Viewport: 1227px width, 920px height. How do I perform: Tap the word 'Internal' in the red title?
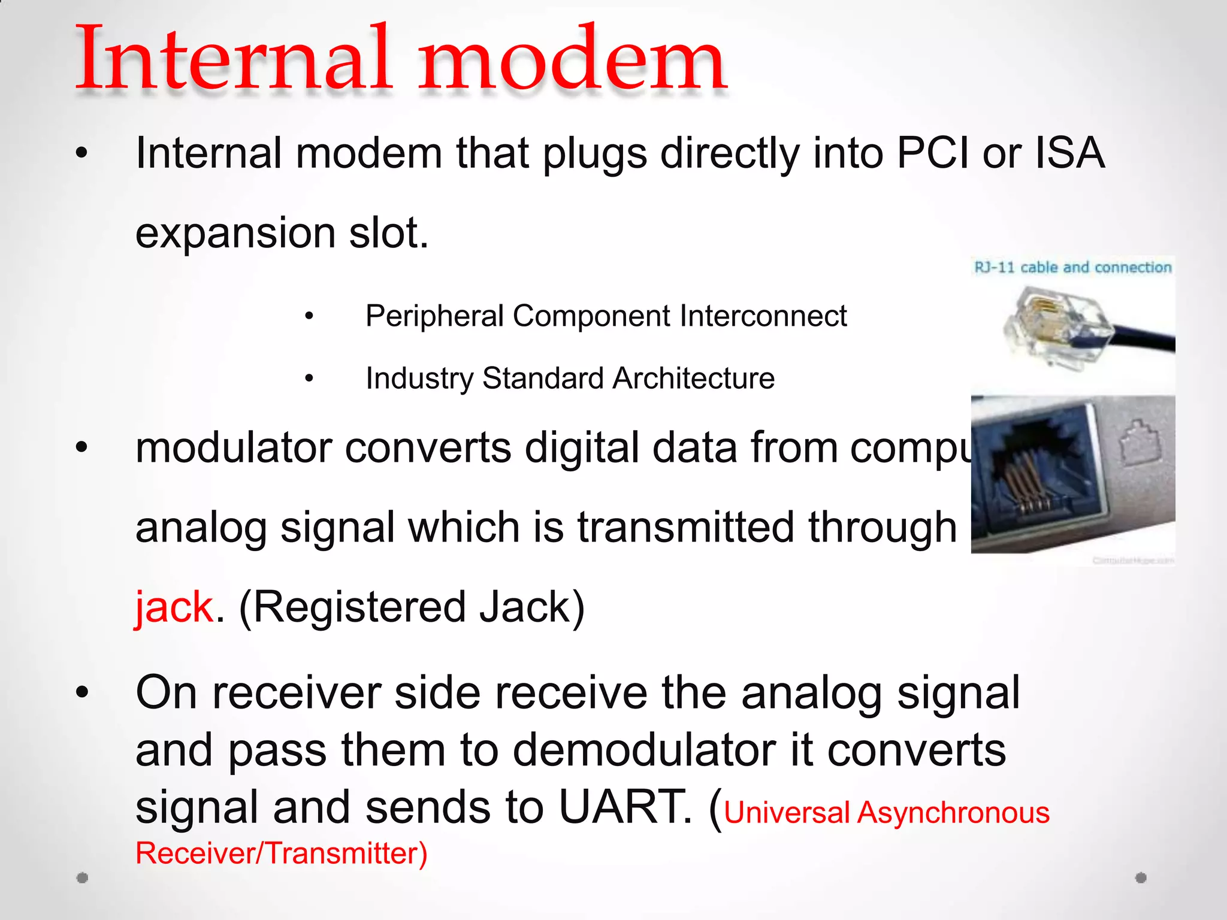pyautogui.click(x=234, y=60)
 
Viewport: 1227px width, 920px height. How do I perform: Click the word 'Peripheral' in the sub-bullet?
pyautogui.click(x=434, y=316)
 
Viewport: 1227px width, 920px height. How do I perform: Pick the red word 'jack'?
pyautogui.click(x=174, y=607)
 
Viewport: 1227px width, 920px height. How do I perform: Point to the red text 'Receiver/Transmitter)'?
pyautogui.click(x=282, y=854)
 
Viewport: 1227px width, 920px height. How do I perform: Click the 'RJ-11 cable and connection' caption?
pyautogui.click(x=1072, y=267)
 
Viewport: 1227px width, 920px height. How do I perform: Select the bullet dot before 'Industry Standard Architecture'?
pyautogui.click(x=309, y=379)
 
